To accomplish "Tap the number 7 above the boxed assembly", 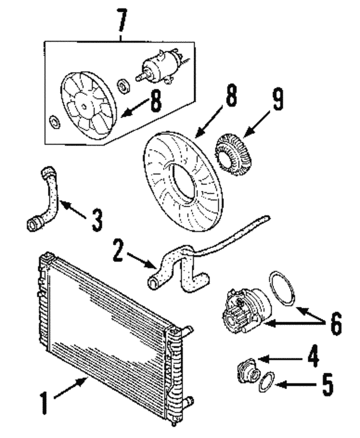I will (x=121, y=20).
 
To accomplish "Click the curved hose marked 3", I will (x=48, y=197).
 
